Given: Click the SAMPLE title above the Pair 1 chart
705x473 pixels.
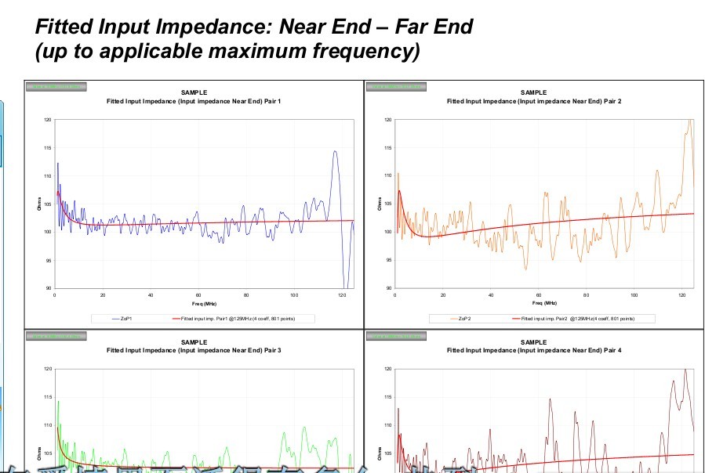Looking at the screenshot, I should pyautogui.click(x=194, y=93).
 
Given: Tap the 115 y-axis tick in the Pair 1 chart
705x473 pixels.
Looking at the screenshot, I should pyautogui.click(x=47, y=148).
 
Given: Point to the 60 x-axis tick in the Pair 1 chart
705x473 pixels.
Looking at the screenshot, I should pyautogui.click(x=198, y=294).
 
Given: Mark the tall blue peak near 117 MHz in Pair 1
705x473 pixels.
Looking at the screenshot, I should pyautogui.click(x=335, y=152).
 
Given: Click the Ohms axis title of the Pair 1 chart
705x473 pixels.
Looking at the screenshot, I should pyautogui.click(x=38, y=204).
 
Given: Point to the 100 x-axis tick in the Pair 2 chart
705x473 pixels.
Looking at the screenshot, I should pyautogui.click(x=634, y=294).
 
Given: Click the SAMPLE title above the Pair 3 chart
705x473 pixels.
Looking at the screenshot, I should pyautogui.click(x=194, y=342).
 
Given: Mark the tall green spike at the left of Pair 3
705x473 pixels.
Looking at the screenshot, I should pyautogui.click(x=58, y=402).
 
